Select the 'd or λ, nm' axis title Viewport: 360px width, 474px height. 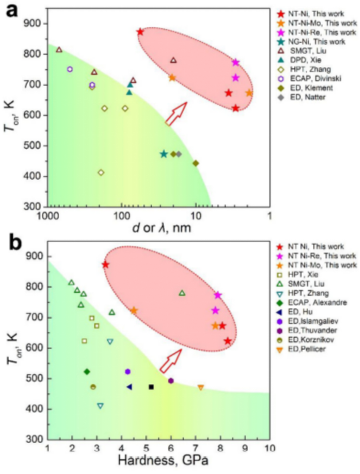159,228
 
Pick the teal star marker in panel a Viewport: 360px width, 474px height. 164,154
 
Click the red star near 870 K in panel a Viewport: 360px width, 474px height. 140,32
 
